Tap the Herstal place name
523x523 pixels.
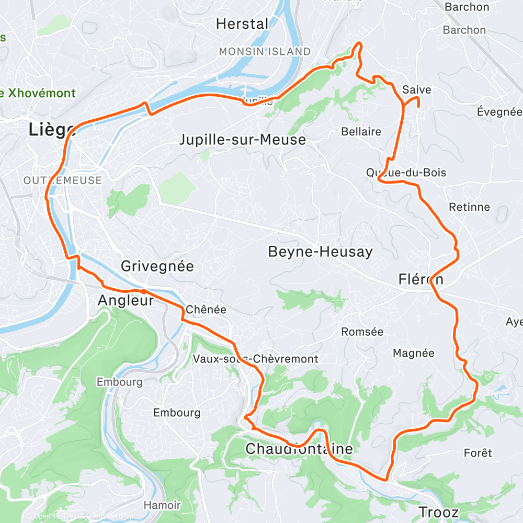coord(242,24)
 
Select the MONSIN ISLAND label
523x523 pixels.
coord(265,52)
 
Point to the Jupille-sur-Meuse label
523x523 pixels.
coord(242,140)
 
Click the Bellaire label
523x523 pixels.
coord(361,132)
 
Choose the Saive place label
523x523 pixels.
coord(417,90)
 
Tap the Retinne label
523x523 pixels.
coord(470,207)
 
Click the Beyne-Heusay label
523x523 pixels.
coord(320,252)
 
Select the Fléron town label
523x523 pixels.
coord(420,279)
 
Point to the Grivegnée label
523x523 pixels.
coord(157,266)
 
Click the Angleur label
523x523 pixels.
coord(126,300)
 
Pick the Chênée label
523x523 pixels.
coord(206,310)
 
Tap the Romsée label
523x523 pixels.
coord(362,332)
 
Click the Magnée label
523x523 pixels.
coord(413,354)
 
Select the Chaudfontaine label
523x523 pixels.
coord(299,449)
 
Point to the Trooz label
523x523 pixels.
coord(438,512)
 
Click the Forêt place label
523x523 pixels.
coord(477,453)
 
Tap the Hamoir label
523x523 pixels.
coord(162,505)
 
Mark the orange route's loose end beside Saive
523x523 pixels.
coord(418,106)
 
